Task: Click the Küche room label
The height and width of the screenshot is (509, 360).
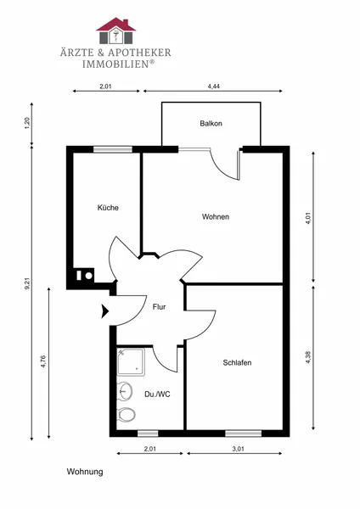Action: click(x=108, y=208)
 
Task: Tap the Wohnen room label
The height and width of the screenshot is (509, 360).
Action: click(x=216, y=216)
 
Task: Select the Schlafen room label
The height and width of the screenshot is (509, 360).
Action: click(x=237, y=362)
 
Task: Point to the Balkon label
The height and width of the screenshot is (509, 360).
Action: click(x=211, y=123)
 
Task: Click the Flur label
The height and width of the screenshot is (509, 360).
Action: click(x=160, y=307)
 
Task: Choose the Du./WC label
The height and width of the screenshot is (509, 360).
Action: click(x=157, y=394)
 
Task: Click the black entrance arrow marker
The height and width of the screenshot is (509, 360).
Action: click(x=105, y=311)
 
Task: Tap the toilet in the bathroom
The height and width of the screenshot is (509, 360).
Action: click(x=127, y=415)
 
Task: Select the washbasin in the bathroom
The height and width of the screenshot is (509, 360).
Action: click(x=125, y=391)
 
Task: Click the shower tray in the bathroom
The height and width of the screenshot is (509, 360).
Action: click(x=131, y=362)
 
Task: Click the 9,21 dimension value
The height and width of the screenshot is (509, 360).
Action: click(x=28, y=283)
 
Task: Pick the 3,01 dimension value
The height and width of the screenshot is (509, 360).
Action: click(x=238, y=449)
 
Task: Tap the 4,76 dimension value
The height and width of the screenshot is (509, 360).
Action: click(x=43, y=361)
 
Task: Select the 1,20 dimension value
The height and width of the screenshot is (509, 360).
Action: click(x=28, y=123)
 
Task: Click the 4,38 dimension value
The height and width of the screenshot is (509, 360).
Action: click(x=308, y=357)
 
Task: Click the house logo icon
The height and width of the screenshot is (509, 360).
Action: click(x=116, y=31)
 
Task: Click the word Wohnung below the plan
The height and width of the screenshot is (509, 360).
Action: click(x=85, y=472)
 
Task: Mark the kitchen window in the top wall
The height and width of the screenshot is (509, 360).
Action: click(x=113, y=149)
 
